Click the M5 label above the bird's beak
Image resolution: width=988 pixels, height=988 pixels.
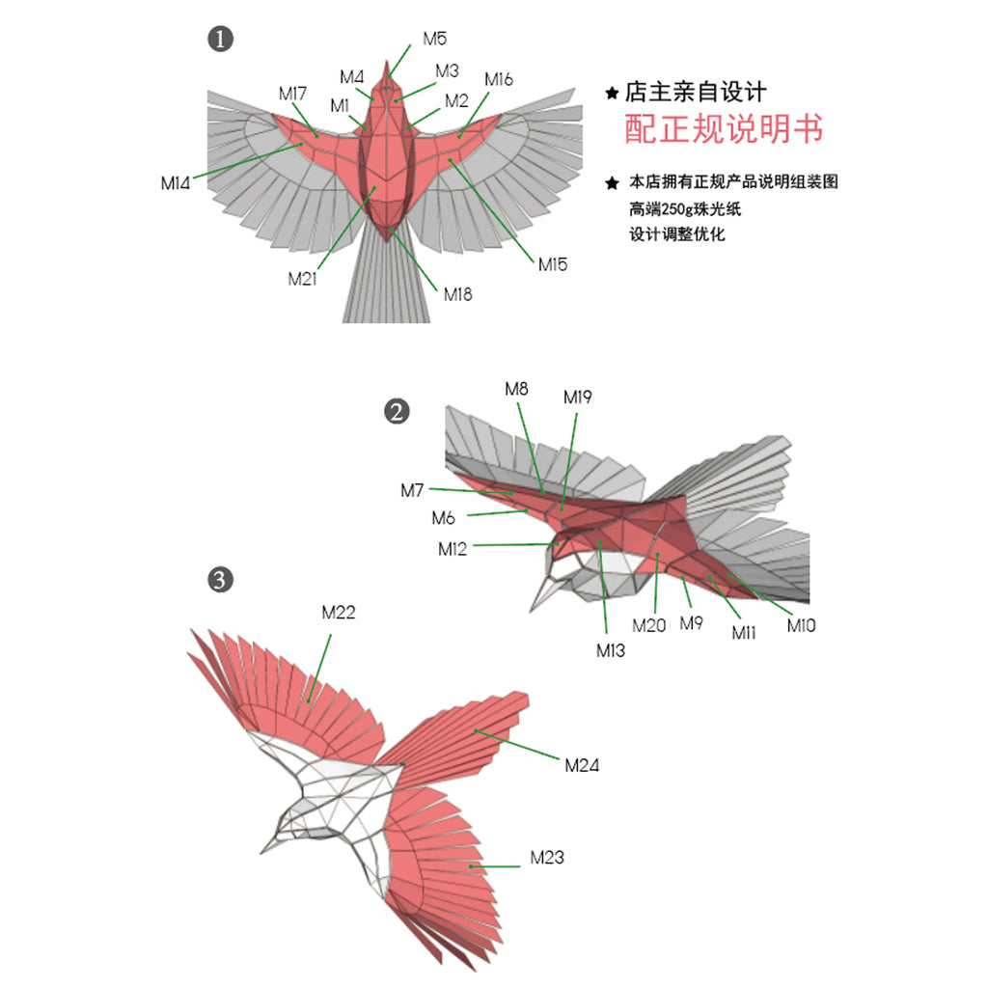pos(434,39)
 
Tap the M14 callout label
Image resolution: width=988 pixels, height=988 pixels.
pos(176,182)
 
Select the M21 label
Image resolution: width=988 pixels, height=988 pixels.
pos(302,279)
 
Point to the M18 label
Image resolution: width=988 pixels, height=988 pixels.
pos(457,294)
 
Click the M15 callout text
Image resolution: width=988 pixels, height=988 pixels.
pos(553,264)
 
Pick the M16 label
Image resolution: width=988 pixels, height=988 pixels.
pos(499,79)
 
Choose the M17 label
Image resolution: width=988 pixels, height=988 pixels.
pos(292,94)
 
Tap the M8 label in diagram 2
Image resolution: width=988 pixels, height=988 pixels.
pos(516,389)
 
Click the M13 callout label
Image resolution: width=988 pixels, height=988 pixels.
pos(610,650)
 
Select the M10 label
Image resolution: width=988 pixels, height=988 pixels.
pos(801,625)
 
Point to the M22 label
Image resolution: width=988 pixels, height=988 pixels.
pos(339,612)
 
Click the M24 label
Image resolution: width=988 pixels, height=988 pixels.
pos(582,766)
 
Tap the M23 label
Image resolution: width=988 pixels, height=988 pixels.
pos(547,857)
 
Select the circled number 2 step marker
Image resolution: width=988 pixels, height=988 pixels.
pos(397,412)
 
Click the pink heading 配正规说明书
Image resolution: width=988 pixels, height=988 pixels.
pos(724,128)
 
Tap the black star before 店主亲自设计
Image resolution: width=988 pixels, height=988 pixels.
pos(611,94)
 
